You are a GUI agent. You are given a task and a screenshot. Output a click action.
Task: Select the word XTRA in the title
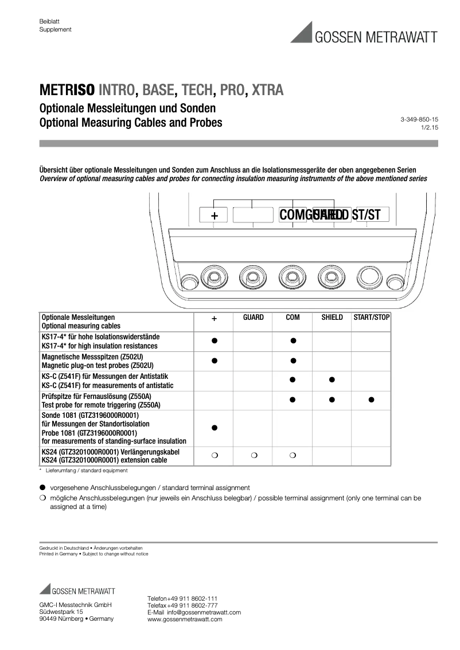click(x=267, y=91)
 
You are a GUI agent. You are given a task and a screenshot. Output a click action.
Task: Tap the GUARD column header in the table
click(x=254, y=317)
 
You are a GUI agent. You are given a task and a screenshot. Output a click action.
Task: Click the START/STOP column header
click(x=371, y=317)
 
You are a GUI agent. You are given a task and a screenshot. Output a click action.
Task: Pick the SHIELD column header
click(x=332, y=317)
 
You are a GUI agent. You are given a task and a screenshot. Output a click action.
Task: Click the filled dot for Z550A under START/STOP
click(x=371, y=400)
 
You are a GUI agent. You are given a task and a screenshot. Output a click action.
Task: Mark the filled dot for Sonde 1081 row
click(x=215, y=428)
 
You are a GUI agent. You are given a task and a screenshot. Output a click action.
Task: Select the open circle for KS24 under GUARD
click(x=254, y=456)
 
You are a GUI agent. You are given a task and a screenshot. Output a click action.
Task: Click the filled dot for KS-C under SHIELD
click(x=332, y=379)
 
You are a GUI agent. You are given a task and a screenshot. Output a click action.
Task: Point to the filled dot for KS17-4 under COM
click(x=293, y=340)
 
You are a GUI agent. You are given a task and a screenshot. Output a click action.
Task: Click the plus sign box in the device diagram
click(x=215, y=215)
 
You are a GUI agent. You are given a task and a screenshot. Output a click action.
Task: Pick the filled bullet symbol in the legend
click(x=42, y=487)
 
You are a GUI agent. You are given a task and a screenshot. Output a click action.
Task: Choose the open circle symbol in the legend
click(x=42, y=498)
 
